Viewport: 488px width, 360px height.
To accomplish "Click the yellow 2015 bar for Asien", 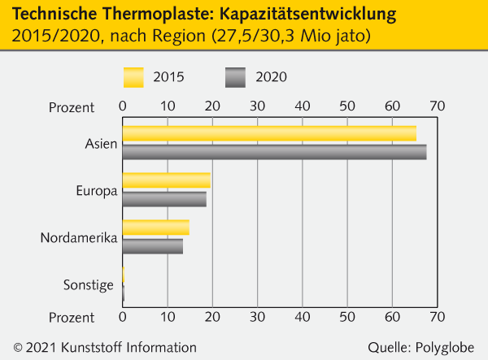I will [268, 133].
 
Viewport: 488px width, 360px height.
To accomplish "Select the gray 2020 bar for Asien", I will [274, 151].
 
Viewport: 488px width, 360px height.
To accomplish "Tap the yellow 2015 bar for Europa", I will [166, 180].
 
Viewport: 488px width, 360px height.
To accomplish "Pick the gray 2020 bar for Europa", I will [164, 198].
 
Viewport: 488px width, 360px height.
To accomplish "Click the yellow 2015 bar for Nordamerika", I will [155, 228].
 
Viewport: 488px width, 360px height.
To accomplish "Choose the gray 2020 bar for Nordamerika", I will [152, 245].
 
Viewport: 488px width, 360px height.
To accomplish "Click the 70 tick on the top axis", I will [438, 106].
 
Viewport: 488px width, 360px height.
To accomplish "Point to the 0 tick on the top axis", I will [122, 106].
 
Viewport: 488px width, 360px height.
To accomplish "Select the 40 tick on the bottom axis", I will [303, 317].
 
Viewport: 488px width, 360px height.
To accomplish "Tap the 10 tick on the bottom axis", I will [168, 317].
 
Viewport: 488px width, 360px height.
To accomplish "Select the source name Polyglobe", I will [448, 347].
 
